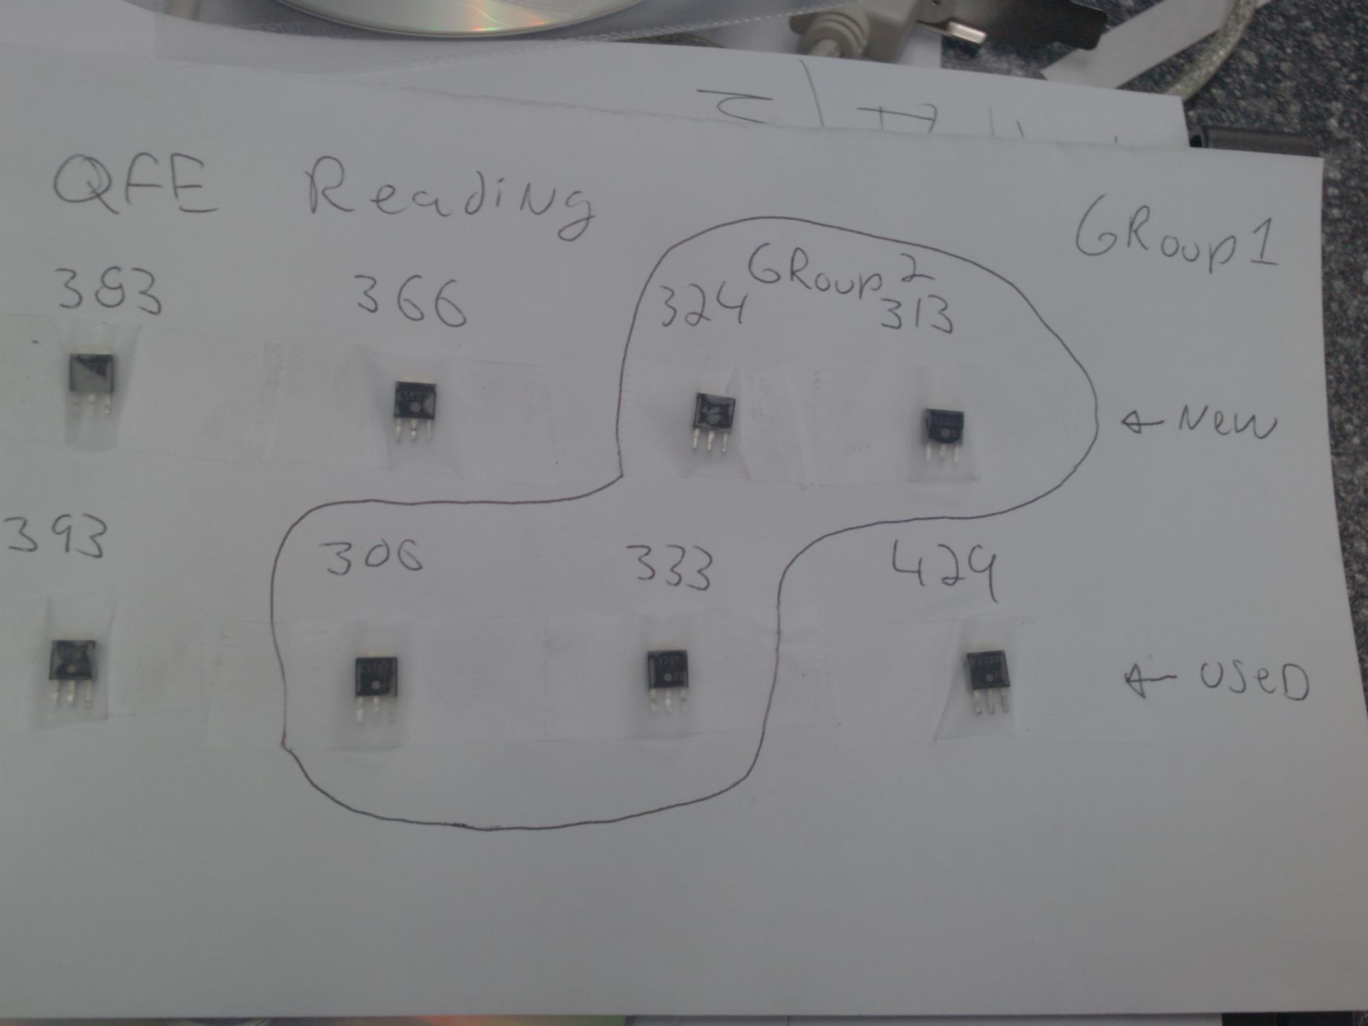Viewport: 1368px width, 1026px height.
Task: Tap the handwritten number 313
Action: tap(917, 315)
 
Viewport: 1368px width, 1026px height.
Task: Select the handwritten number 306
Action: tap(373, 557)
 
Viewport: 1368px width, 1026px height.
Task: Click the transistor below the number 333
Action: tap(666, 677)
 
